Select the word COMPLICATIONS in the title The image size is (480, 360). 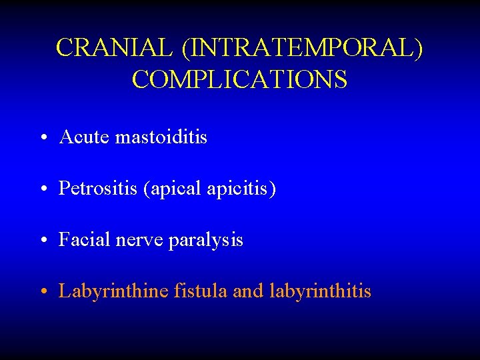[x=239, y=79]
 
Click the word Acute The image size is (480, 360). [x=84, y=137]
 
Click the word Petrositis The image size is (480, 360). [x=97, y=189]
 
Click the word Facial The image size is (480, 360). [x=82, y=240]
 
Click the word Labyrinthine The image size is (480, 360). [x=113, y=291]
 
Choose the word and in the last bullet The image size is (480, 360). [x=249, y=291]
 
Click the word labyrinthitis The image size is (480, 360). [x=320, y=291]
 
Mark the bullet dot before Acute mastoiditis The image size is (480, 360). [x=43, y=139]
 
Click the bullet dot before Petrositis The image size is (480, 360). [x=43, y=190]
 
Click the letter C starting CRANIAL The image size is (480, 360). [x=65, y=48]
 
